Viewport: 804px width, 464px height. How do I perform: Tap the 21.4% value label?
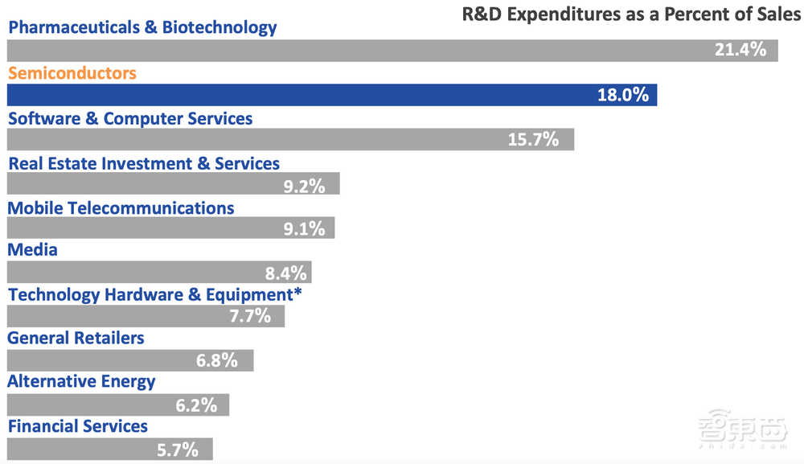coord(740,50)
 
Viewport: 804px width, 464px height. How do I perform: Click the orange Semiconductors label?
coord(72,73)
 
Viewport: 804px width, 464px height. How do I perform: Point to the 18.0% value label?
coord(622,95)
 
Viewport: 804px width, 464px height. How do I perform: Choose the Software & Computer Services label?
coord(130,119)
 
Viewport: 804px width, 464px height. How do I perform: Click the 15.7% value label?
coord(533,140)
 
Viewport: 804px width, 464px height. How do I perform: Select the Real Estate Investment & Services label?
coord(144,164)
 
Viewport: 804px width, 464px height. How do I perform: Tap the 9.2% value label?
coord(304,187)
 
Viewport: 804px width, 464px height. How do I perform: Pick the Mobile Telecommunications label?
coord(121,208)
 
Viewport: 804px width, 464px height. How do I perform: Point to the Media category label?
coord(33,250)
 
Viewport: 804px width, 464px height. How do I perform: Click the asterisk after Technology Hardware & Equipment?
coord(298,293)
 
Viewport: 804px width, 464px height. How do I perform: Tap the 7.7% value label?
coord(250,316)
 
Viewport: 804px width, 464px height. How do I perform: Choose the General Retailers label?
coord(76,339)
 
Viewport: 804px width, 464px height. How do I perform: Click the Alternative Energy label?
coord(82,382)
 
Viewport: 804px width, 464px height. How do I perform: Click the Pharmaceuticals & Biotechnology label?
coord(142,27)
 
